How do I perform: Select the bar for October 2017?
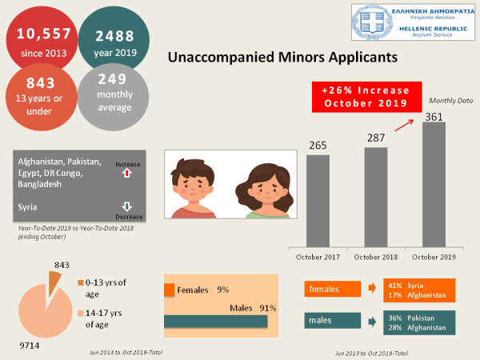318,200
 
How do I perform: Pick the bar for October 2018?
376,196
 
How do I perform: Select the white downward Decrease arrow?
127,206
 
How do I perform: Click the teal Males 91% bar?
216,321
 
